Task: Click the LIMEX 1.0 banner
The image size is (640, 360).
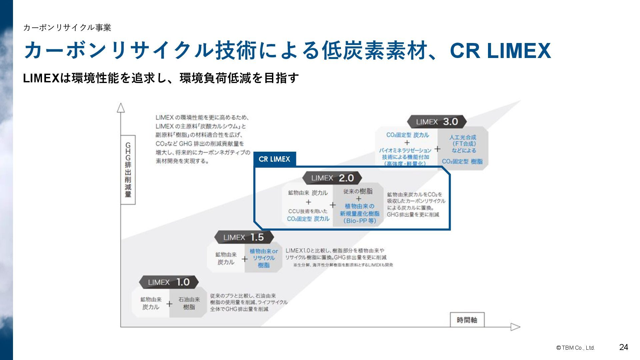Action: [x=169, y=282]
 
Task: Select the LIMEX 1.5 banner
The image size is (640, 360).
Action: [x=244, y=237]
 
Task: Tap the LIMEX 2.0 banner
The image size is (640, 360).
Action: [x=332, y=178]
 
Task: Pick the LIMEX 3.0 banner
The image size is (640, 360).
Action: [x=437, y=122]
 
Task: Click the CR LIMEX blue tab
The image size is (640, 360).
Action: [x=274, y=159]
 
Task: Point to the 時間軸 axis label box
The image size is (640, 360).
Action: [x=467, y=320]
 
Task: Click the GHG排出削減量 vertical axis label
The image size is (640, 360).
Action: [x=128, y=170]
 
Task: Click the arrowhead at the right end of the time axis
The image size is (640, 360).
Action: [x=515, y=327]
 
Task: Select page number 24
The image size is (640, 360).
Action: [x=623, y=347]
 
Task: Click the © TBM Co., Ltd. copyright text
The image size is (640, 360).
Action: [x=575, y=348]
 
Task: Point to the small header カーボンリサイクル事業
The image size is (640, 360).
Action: [x=67, y=28]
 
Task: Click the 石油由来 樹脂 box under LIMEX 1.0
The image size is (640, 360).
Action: [x=189, y=303]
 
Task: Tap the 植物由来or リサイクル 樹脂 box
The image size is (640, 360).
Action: [x=263, y=258]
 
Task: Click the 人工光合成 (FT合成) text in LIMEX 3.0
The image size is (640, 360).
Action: [x=463, y=140]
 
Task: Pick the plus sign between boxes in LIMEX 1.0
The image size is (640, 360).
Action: [x=169, y=304]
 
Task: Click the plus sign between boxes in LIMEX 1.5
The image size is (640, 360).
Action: [x=245, y=259]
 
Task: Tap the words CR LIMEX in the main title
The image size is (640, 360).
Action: [x=500, y=51]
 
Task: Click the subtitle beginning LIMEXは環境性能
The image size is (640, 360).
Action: [x=161, y=78]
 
